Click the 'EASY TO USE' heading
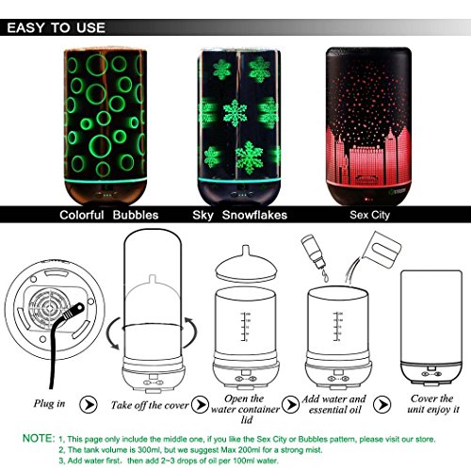click(x=56, y=27)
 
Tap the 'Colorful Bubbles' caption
click(x=109, y=215)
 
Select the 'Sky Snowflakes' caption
click(x=239, y=215)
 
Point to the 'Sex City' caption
click(x=369, y=215)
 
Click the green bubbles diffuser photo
click(x=106, y=126)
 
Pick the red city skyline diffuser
click(x=368, y=126)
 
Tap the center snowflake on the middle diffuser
click(x=235, y=113)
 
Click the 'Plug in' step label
click(x=49, y=403)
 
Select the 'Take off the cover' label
click(x=150, y=405)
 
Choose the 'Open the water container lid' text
click(x=245, y=409)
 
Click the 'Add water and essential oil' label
click(x=334, y=404)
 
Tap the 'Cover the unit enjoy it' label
click(x=433, y=404)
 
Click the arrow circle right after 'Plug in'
click(x=89, y=404)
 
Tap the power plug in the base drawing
click(x=73, y=312)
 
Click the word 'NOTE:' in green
click(x=39, y=438)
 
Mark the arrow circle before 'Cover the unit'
click(x=382, y=404)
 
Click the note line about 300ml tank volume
click(x=190, y=450)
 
